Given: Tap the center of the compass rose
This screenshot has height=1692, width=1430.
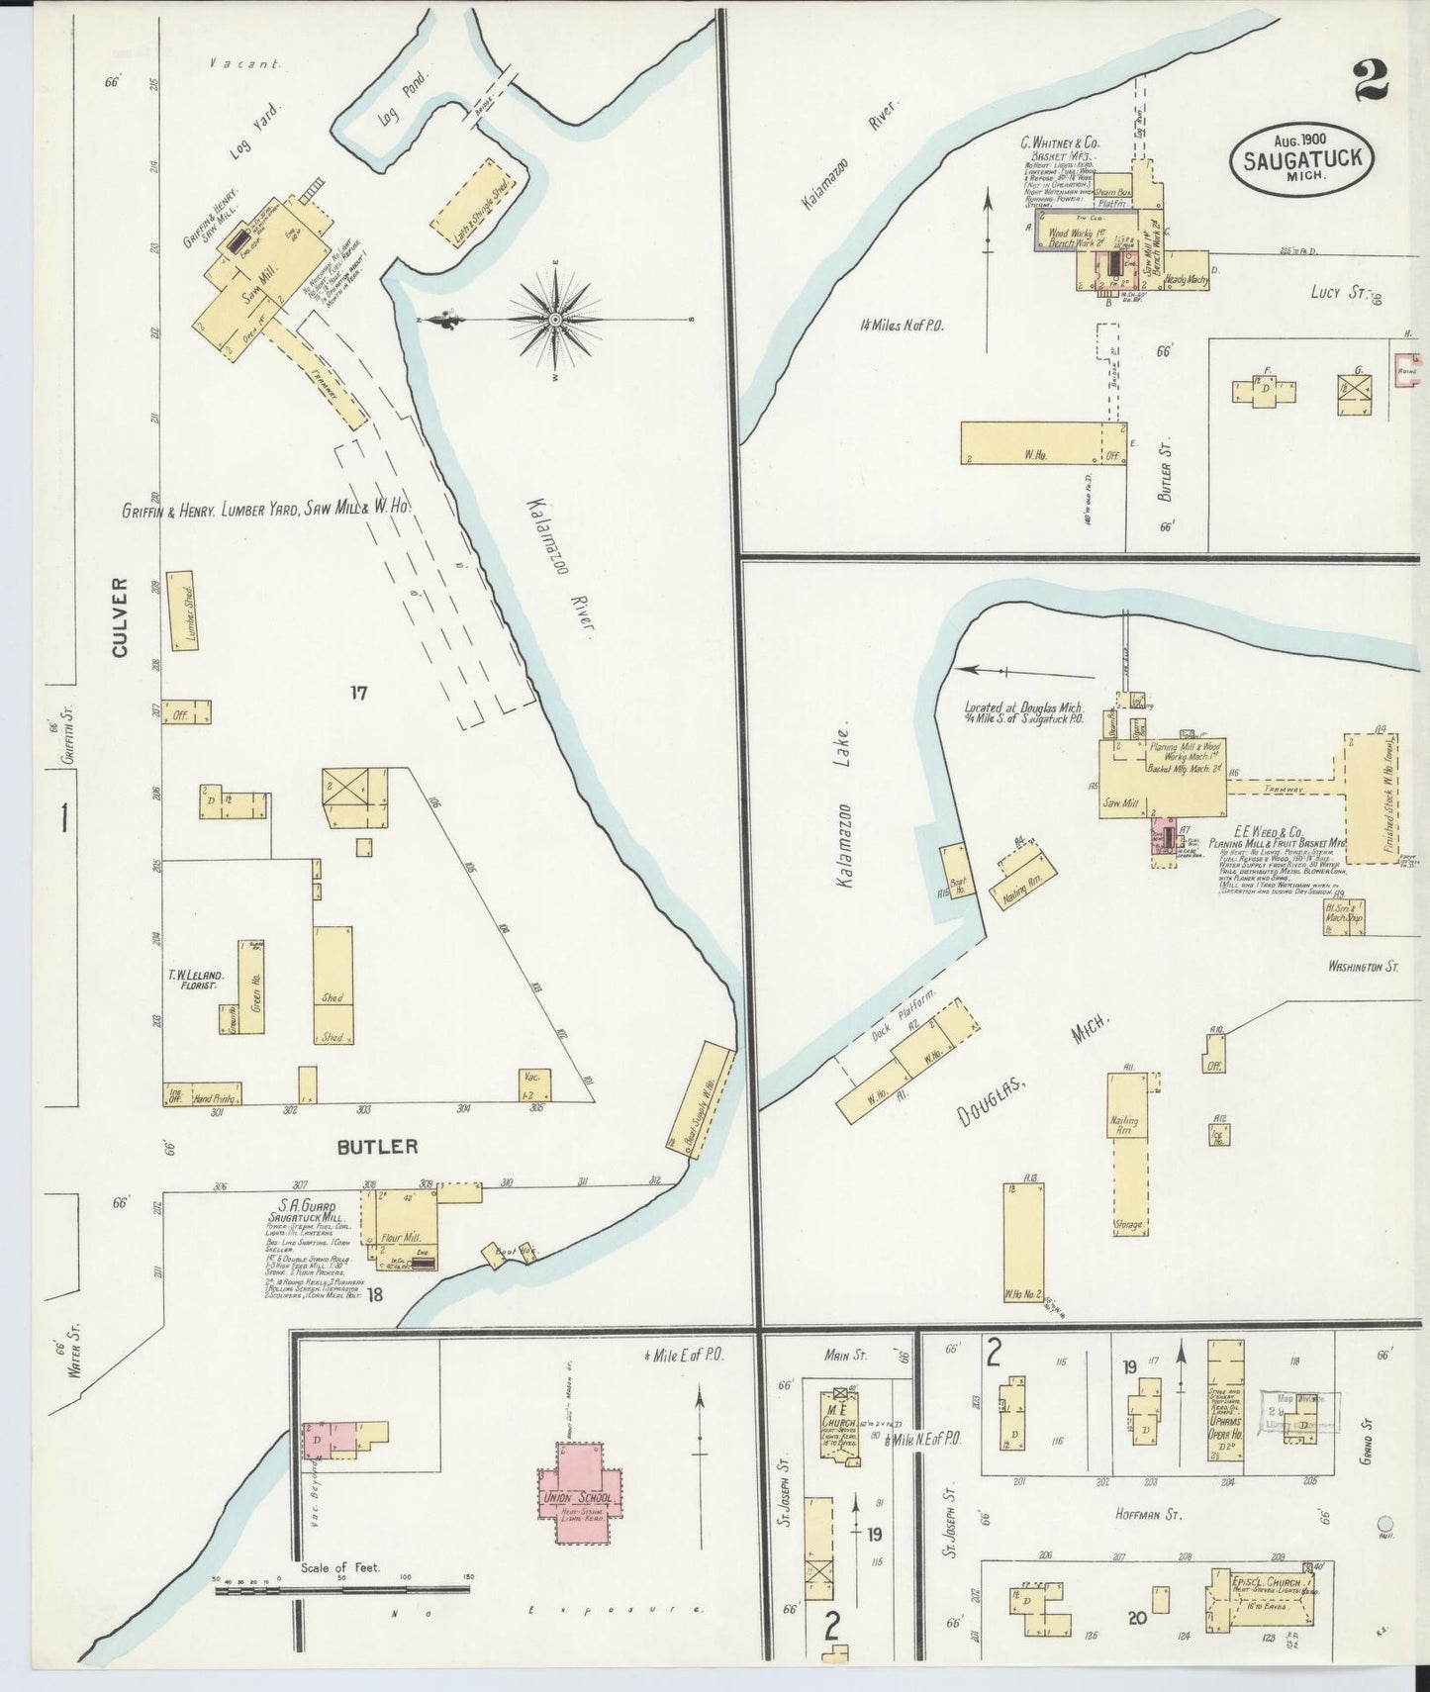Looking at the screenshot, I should click(x=555, y=320).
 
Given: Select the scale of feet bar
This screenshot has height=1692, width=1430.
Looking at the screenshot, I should click(x=342, y=1590).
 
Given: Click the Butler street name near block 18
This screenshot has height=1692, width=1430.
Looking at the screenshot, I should click(x=377, y=1147).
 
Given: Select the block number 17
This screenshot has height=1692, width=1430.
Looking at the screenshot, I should click(x=358, y=693).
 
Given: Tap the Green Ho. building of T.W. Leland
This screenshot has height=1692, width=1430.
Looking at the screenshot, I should click(x=251, y=987).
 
